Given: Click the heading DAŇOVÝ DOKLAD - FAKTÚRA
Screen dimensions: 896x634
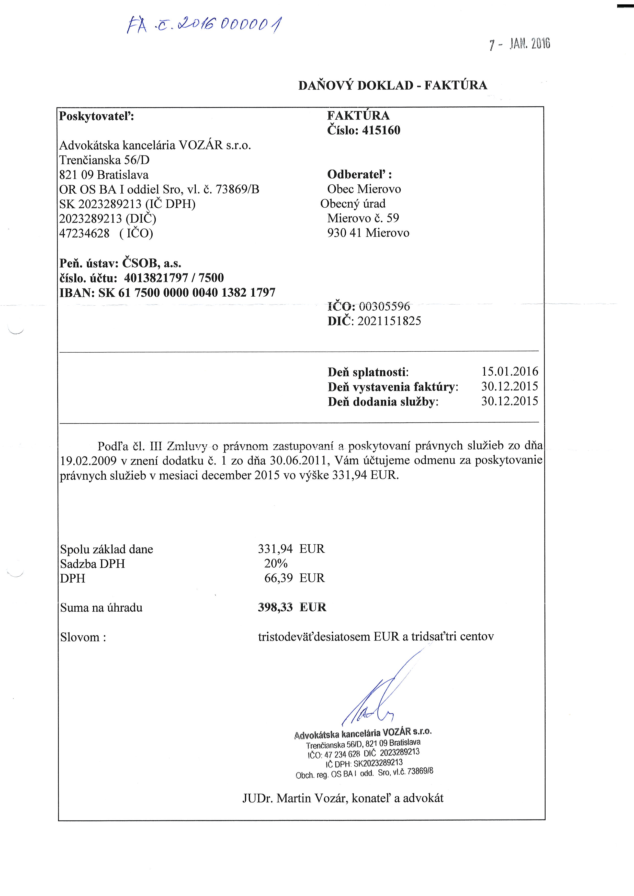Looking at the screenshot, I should (392, 85).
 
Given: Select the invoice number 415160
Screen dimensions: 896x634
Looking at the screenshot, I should (381, 130).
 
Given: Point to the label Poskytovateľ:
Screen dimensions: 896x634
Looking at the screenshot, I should (96, 116).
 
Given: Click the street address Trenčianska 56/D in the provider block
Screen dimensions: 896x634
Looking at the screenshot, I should (104, 160).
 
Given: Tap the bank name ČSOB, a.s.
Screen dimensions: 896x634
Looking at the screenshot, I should (152, 263).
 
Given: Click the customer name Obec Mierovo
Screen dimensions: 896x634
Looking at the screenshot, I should (364, 189).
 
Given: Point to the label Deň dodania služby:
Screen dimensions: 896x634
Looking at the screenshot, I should (383, 402).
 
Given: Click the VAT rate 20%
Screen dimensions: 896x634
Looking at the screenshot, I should (276, 563).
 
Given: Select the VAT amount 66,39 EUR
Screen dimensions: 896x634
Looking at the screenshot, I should (294, 578).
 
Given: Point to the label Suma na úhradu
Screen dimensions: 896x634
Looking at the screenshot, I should (101, 608).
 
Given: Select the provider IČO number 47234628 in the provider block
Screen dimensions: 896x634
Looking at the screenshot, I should (84, 233).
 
